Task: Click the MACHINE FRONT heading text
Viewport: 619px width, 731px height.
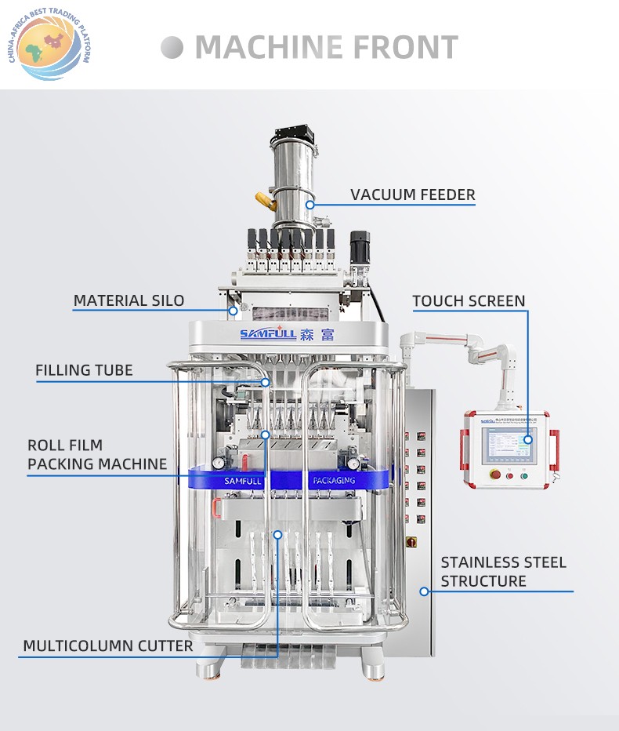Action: coord(326,47)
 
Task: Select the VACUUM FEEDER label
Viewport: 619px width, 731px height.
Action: coord(412,195)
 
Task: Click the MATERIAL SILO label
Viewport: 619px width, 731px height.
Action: coord(129,300)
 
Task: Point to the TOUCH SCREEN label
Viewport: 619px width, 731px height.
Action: coord(469,301)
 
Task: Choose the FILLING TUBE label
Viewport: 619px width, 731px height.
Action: coord(84,370)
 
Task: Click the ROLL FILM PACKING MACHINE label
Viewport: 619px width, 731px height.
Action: coord(97,454)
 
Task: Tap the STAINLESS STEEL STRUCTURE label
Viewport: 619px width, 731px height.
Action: coord(503,572)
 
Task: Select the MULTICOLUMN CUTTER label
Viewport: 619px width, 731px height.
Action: coord(107,646)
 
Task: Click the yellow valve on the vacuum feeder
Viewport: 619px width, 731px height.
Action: coord(264,202)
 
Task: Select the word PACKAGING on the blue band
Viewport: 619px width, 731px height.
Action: coord(334,480)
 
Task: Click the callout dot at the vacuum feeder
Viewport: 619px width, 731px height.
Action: coord(309,205)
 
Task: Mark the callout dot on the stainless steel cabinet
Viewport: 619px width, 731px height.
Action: coord(424,591)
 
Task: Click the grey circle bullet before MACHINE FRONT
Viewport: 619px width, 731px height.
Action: coord(172,48)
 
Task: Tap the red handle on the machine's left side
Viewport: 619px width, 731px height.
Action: coord(215,507)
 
